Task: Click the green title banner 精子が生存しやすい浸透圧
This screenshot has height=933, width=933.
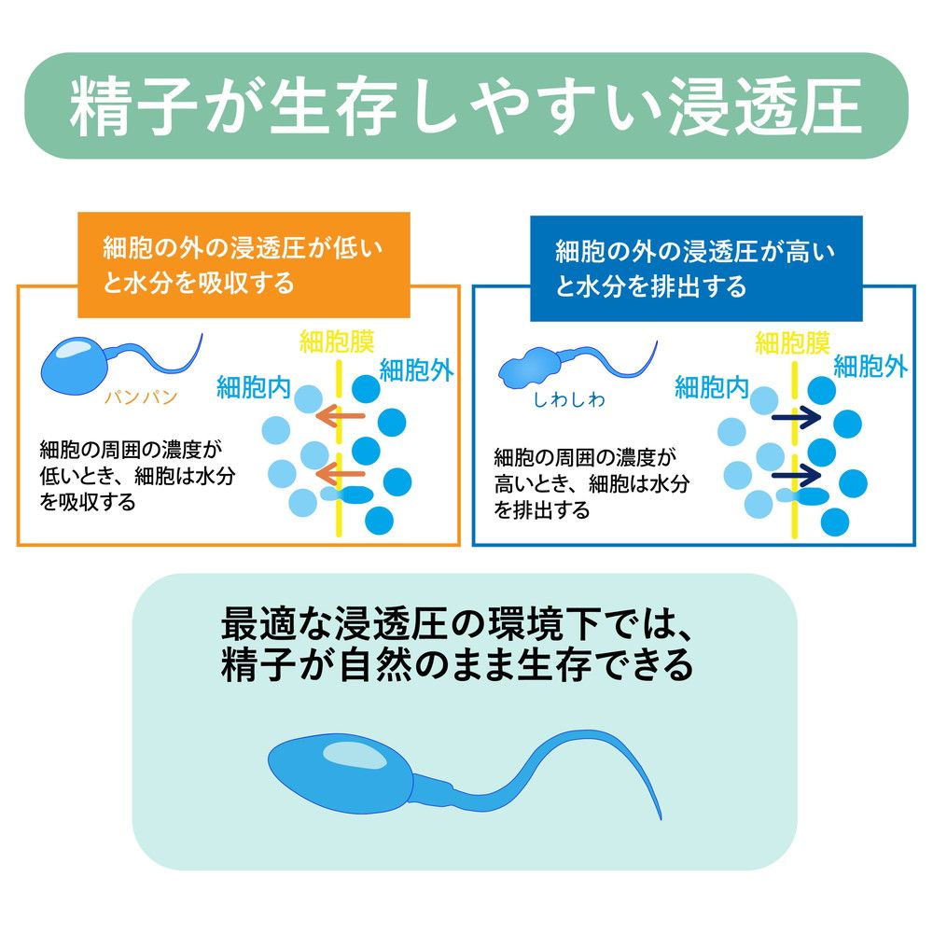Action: pos(466,106)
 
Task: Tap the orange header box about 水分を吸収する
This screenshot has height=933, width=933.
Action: pos(244,265)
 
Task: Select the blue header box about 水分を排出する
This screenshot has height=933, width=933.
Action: pos(696,269)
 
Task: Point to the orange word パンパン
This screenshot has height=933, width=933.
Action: pos(141,397)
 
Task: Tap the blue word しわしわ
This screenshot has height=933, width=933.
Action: pos(569,399)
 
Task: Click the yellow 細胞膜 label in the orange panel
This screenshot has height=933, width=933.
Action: pos(337,342)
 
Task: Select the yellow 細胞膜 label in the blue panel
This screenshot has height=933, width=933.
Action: pos(792,343)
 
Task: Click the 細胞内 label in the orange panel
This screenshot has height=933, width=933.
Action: pos(254,387)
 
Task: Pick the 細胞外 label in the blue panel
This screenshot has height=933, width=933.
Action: pos(870,366)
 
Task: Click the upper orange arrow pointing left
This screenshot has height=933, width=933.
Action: pos(340,416)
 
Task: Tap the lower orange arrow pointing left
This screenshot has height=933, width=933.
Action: pos(340,474)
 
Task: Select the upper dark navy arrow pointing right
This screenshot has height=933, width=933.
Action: pos(796,417)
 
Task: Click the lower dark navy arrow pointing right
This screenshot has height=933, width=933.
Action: pos(796,476)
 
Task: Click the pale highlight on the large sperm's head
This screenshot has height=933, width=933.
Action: pos(355,756)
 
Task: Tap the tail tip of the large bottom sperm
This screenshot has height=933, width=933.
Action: pos(661,819)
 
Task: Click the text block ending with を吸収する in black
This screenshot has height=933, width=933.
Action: pos(137,476)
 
